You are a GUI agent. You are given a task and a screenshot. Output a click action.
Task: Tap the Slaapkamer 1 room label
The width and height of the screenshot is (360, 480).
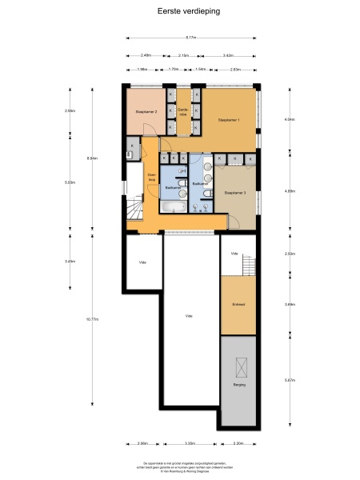(229, 120)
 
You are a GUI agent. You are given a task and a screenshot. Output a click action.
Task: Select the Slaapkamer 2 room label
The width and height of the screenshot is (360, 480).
(146, 112)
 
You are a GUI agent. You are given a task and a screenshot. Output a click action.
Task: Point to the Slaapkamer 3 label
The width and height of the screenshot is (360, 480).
(234, 193)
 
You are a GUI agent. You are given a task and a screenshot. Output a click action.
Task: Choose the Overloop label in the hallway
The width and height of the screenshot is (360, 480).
(151, 178)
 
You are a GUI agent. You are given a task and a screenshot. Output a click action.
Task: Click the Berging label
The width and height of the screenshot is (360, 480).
(238, 386)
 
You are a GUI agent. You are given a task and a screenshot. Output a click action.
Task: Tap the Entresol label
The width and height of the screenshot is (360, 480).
(238, 306)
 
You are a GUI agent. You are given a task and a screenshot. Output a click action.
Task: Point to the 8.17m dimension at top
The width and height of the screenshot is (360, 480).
(191, 38)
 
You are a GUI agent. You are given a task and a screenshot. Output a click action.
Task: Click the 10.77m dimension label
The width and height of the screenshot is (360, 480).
(92, 319)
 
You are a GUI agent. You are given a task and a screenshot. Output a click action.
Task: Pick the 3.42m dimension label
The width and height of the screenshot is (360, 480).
(228, 55)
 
